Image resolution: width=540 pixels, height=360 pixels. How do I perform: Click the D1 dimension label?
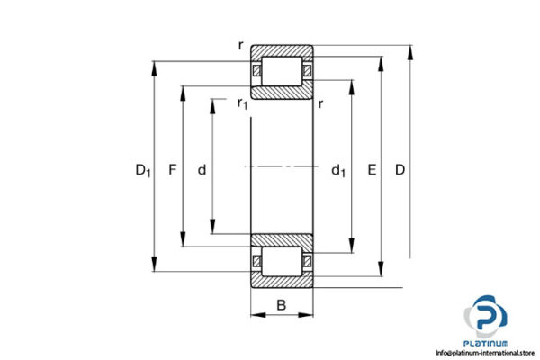tap(143, 168)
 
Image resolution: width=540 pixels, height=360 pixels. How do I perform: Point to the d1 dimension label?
tap(338, 168)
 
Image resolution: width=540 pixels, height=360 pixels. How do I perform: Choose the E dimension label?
tap(372, 168)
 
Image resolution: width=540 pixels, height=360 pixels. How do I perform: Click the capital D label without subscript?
tap(400, 168)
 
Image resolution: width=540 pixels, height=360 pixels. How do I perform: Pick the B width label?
tap(282, 305)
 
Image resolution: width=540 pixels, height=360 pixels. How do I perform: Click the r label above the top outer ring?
tap(240, 44)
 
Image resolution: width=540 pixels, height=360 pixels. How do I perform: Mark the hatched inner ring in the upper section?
tap(282, 93)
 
